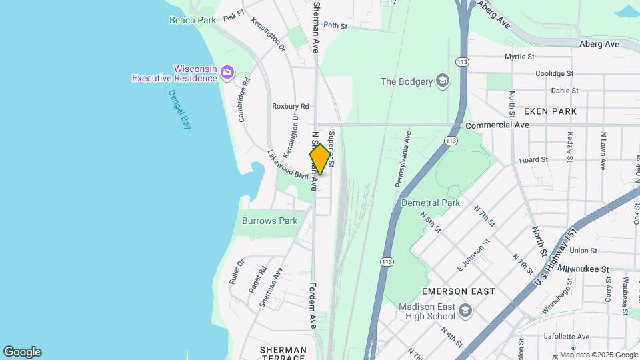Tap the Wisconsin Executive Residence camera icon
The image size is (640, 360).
click(227, 72)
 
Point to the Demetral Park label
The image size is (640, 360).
click(431, 202)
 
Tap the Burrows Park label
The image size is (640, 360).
click(269, 221)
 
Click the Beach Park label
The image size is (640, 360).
click(193, 20)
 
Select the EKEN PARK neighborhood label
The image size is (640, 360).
click(550, 111)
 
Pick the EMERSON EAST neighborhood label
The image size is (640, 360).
click(458, 291)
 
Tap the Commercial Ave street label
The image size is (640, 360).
click(497, 125)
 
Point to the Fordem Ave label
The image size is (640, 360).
click(313, 305)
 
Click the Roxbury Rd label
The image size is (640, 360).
click(291, 106)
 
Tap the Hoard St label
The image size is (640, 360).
click(533, 160)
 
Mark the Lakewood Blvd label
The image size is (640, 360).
click(287, 164)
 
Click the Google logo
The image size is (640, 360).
click(22, 352)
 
